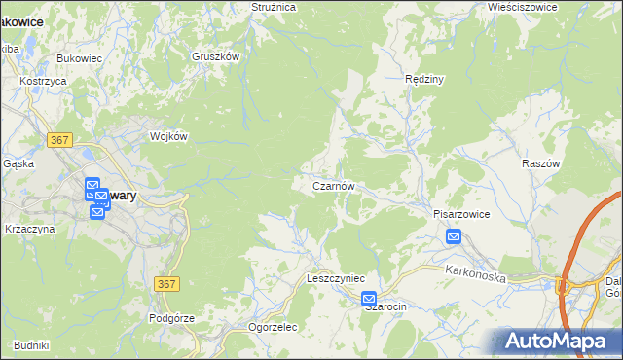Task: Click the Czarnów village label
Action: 339,185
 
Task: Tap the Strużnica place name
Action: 273,7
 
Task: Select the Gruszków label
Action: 215,57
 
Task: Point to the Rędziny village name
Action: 424,79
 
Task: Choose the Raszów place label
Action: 541,164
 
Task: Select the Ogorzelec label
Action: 273,328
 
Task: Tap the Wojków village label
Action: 167,137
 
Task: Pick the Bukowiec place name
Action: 80,59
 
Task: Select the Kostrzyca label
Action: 43,81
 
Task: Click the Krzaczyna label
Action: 31,229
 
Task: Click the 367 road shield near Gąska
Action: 59,140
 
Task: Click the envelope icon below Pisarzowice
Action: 454,236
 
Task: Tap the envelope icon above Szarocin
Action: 369,299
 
